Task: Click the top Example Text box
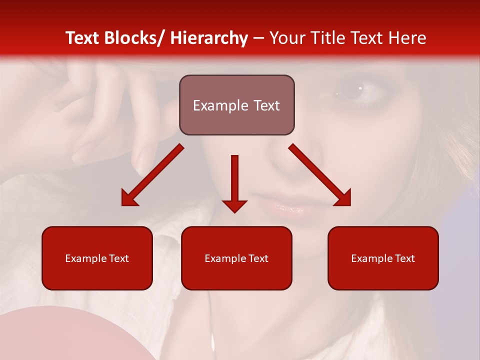click(x=236, y=105)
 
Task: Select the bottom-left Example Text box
click(x=97, y=258)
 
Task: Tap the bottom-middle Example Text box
click(x=236, y=258)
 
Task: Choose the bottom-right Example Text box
click(x=383, y=258)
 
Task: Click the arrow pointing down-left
click(x=152, y=175)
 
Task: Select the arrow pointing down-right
click(x=320, y=175)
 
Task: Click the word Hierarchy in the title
click(x=208, y=38)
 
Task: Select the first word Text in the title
click(x=83, y=38)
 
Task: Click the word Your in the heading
click(x=287, y=38)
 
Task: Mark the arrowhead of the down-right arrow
click(x=343, y=198)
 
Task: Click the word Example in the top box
click(x=214, y=105)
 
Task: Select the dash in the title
click(x=258, y=38)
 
